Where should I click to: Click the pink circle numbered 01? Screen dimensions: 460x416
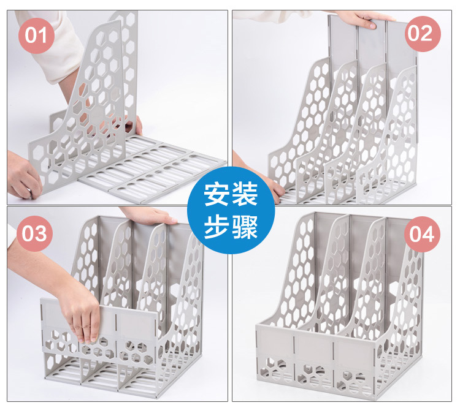[x=36, y=36]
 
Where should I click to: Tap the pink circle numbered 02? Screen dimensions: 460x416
[x=423, y=34]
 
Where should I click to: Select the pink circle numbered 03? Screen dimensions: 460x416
[x=34, y=233]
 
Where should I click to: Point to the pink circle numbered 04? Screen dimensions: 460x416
[x=422, y=234]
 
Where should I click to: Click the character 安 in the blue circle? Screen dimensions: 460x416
[x=217, y=195]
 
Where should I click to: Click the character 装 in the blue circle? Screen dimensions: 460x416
[x=245, y=195]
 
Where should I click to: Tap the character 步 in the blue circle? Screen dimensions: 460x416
[x=217, y=227]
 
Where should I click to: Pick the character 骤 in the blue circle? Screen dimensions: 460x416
[x=245, y=227]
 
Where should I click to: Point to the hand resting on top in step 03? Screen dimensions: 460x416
[x=150, y=214]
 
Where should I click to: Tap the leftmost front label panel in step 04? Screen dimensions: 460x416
[x=276, y=340]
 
